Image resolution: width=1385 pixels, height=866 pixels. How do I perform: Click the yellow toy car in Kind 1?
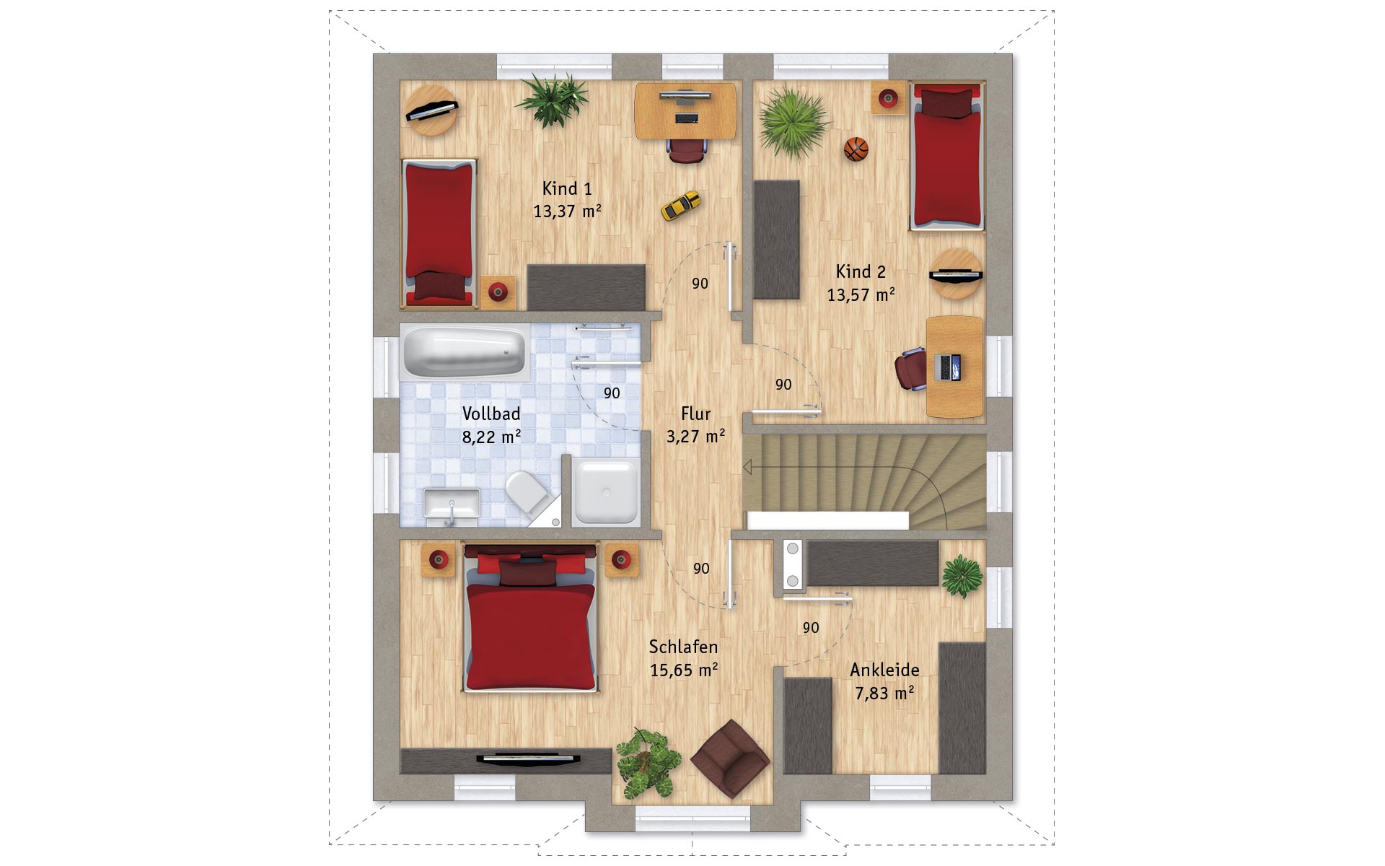pos(681,205)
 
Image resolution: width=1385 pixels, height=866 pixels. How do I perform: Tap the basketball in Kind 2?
pos(856,149)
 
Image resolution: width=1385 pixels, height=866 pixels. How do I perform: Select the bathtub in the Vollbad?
pos(465,351)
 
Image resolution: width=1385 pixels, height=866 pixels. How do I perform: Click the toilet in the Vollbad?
pos(527,491)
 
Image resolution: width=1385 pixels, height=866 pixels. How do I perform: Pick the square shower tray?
pos(606,491)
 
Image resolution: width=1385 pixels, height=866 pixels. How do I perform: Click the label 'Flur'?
pos(695,414)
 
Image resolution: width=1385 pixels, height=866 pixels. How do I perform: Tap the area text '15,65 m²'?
pos(684,670)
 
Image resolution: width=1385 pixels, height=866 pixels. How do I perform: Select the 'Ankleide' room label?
pos(884,670)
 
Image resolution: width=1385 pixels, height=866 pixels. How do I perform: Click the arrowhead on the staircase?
pos(747,468)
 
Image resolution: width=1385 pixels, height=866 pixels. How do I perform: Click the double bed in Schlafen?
pos(531,618)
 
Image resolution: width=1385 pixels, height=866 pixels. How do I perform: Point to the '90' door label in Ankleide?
pos(811,628)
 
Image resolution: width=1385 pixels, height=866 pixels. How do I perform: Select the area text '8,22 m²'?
pos(491,437)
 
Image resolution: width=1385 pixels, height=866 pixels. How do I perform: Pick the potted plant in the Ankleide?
pos(962,576)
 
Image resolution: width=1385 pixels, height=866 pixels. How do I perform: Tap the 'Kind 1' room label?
pos(567,188)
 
